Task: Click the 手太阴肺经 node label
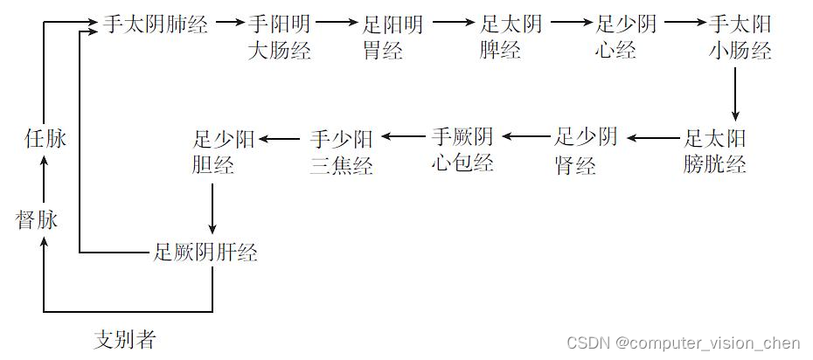[x=156, y=24]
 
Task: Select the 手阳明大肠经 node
[x=280, y=37]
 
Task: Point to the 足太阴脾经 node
[x=511, y=37]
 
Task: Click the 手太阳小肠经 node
[x=740, y=37]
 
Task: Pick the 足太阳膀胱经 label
[x=715, y=150]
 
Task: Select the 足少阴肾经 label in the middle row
[x=586, y=150]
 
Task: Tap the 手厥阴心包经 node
[x=462, y=149]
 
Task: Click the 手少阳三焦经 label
[x=342, y=150]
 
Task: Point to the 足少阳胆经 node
[x=224, y=150]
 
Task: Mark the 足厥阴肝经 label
[x=205, y=253]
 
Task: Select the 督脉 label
[x=37, y=219]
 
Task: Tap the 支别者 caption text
[x=124, y=339]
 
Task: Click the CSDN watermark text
[x=683, y=343]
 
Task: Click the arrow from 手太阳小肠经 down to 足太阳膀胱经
[x=735, y=93]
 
